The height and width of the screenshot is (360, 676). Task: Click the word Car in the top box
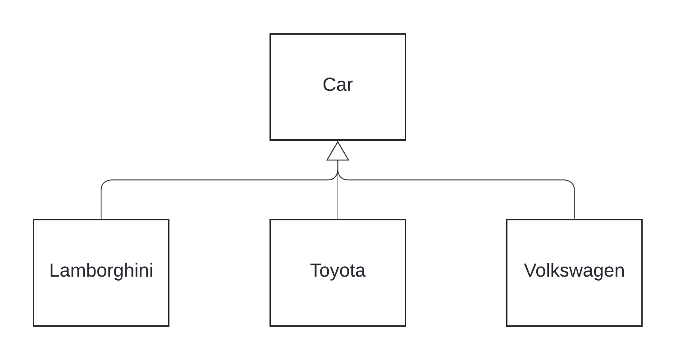pos(338,85)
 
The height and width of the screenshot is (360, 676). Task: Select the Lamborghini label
pos(101,271)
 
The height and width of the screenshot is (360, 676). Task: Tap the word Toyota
pos(338,271)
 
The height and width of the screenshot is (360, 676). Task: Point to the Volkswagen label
pos(574,271)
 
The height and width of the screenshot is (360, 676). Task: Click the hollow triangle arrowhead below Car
pos(338,152)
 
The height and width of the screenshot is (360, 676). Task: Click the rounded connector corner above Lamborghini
pos(104,182)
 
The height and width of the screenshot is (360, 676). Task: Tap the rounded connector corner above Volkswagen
pos(571,182)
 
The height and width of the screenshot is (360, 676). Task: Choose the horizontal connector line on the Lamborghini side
pos(216,180)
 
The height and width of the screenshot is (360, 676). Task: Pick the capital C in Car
pos(328,85)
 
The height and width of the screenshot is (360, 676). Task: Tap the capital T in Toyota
pos(315,271)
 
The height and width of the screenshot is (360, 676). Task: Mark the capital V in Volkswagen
pos(530,271)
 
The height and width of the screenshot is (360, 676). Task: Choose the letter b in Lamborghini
pos(92,271)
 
